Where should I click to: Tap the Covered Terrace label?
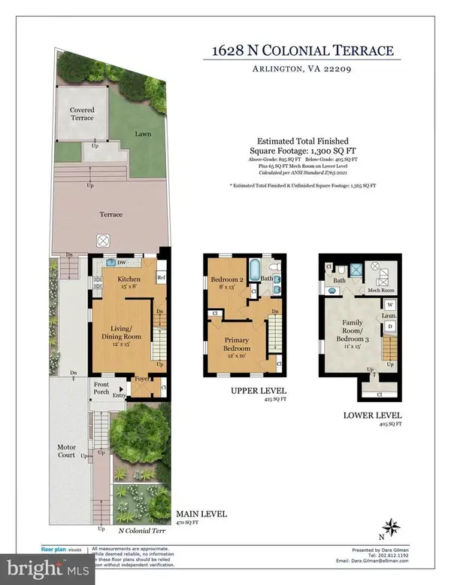77,114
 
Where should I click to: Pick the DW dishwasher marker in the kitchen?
121,263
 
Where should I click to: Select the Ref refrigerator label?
161,278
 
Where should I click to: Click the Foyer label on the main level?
141,379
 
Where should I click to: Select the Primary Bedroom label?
240,345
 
